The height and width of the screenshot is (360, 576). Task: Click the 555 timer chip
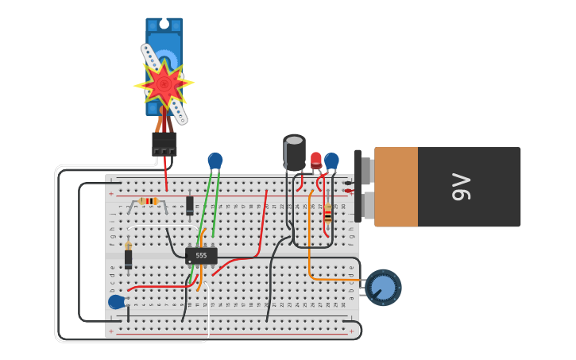pos(201,255)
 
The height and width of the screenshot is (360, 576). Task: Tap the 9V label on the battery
pos(462,187)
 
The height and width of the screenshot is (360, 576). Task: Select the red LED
pos(316,160)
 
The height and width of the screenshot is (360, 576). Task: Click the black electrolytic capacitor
pos(294,153)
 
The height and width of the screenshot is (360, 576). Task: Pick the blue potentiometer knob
pos(383,288)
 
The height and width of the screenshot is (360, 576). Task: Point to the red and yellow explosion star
pos(164,83)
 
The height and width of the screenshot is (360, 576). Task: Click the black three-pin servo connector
pos(164,144)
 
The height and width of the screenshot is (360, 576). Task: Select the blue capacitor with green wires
pos(215,161)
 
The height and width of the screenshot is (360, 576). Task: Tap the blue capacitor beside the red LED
pos(331,161)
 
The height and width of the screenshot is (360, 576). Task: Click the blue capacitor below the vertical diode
pos(117,302)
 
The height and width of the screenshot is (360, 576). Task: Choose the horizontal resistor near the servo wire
pos(149,201)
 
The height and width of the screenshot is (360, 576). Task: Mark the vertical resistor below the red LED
pos(327,213)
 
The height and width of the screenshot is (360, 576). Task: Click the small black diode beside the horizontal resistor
pos(189,205)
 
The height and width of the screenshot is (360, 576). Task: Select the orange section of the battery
pos(396,187)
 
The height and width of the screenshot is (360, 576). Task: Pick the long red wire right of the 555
pos(261,226)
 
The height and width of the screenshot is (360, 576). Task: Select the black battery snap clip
pos(358,187)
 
